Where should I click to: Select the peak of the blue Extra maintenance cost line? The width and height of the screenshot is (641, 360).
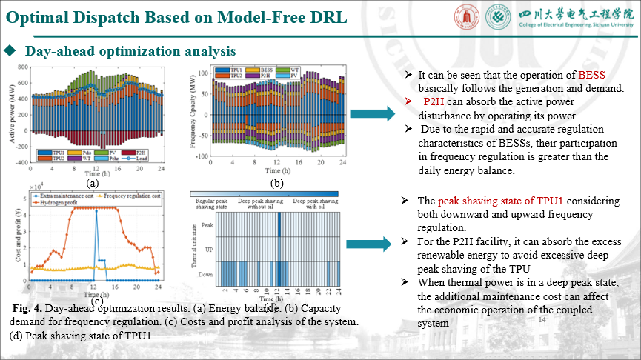click(x=96, y=211)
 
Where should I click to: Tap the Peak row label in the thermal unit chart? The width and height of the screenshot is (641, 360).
click(x=207, y=224)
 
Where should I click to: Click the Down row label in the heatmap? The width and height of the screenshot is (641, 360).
click(x=207, y=273)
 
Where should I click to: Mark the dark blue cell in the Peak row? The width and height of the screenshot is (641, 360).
click(x=278, y=224)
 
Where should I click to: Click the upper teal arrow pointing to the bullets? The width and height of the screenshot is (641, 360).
click(x=373, y=113)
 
